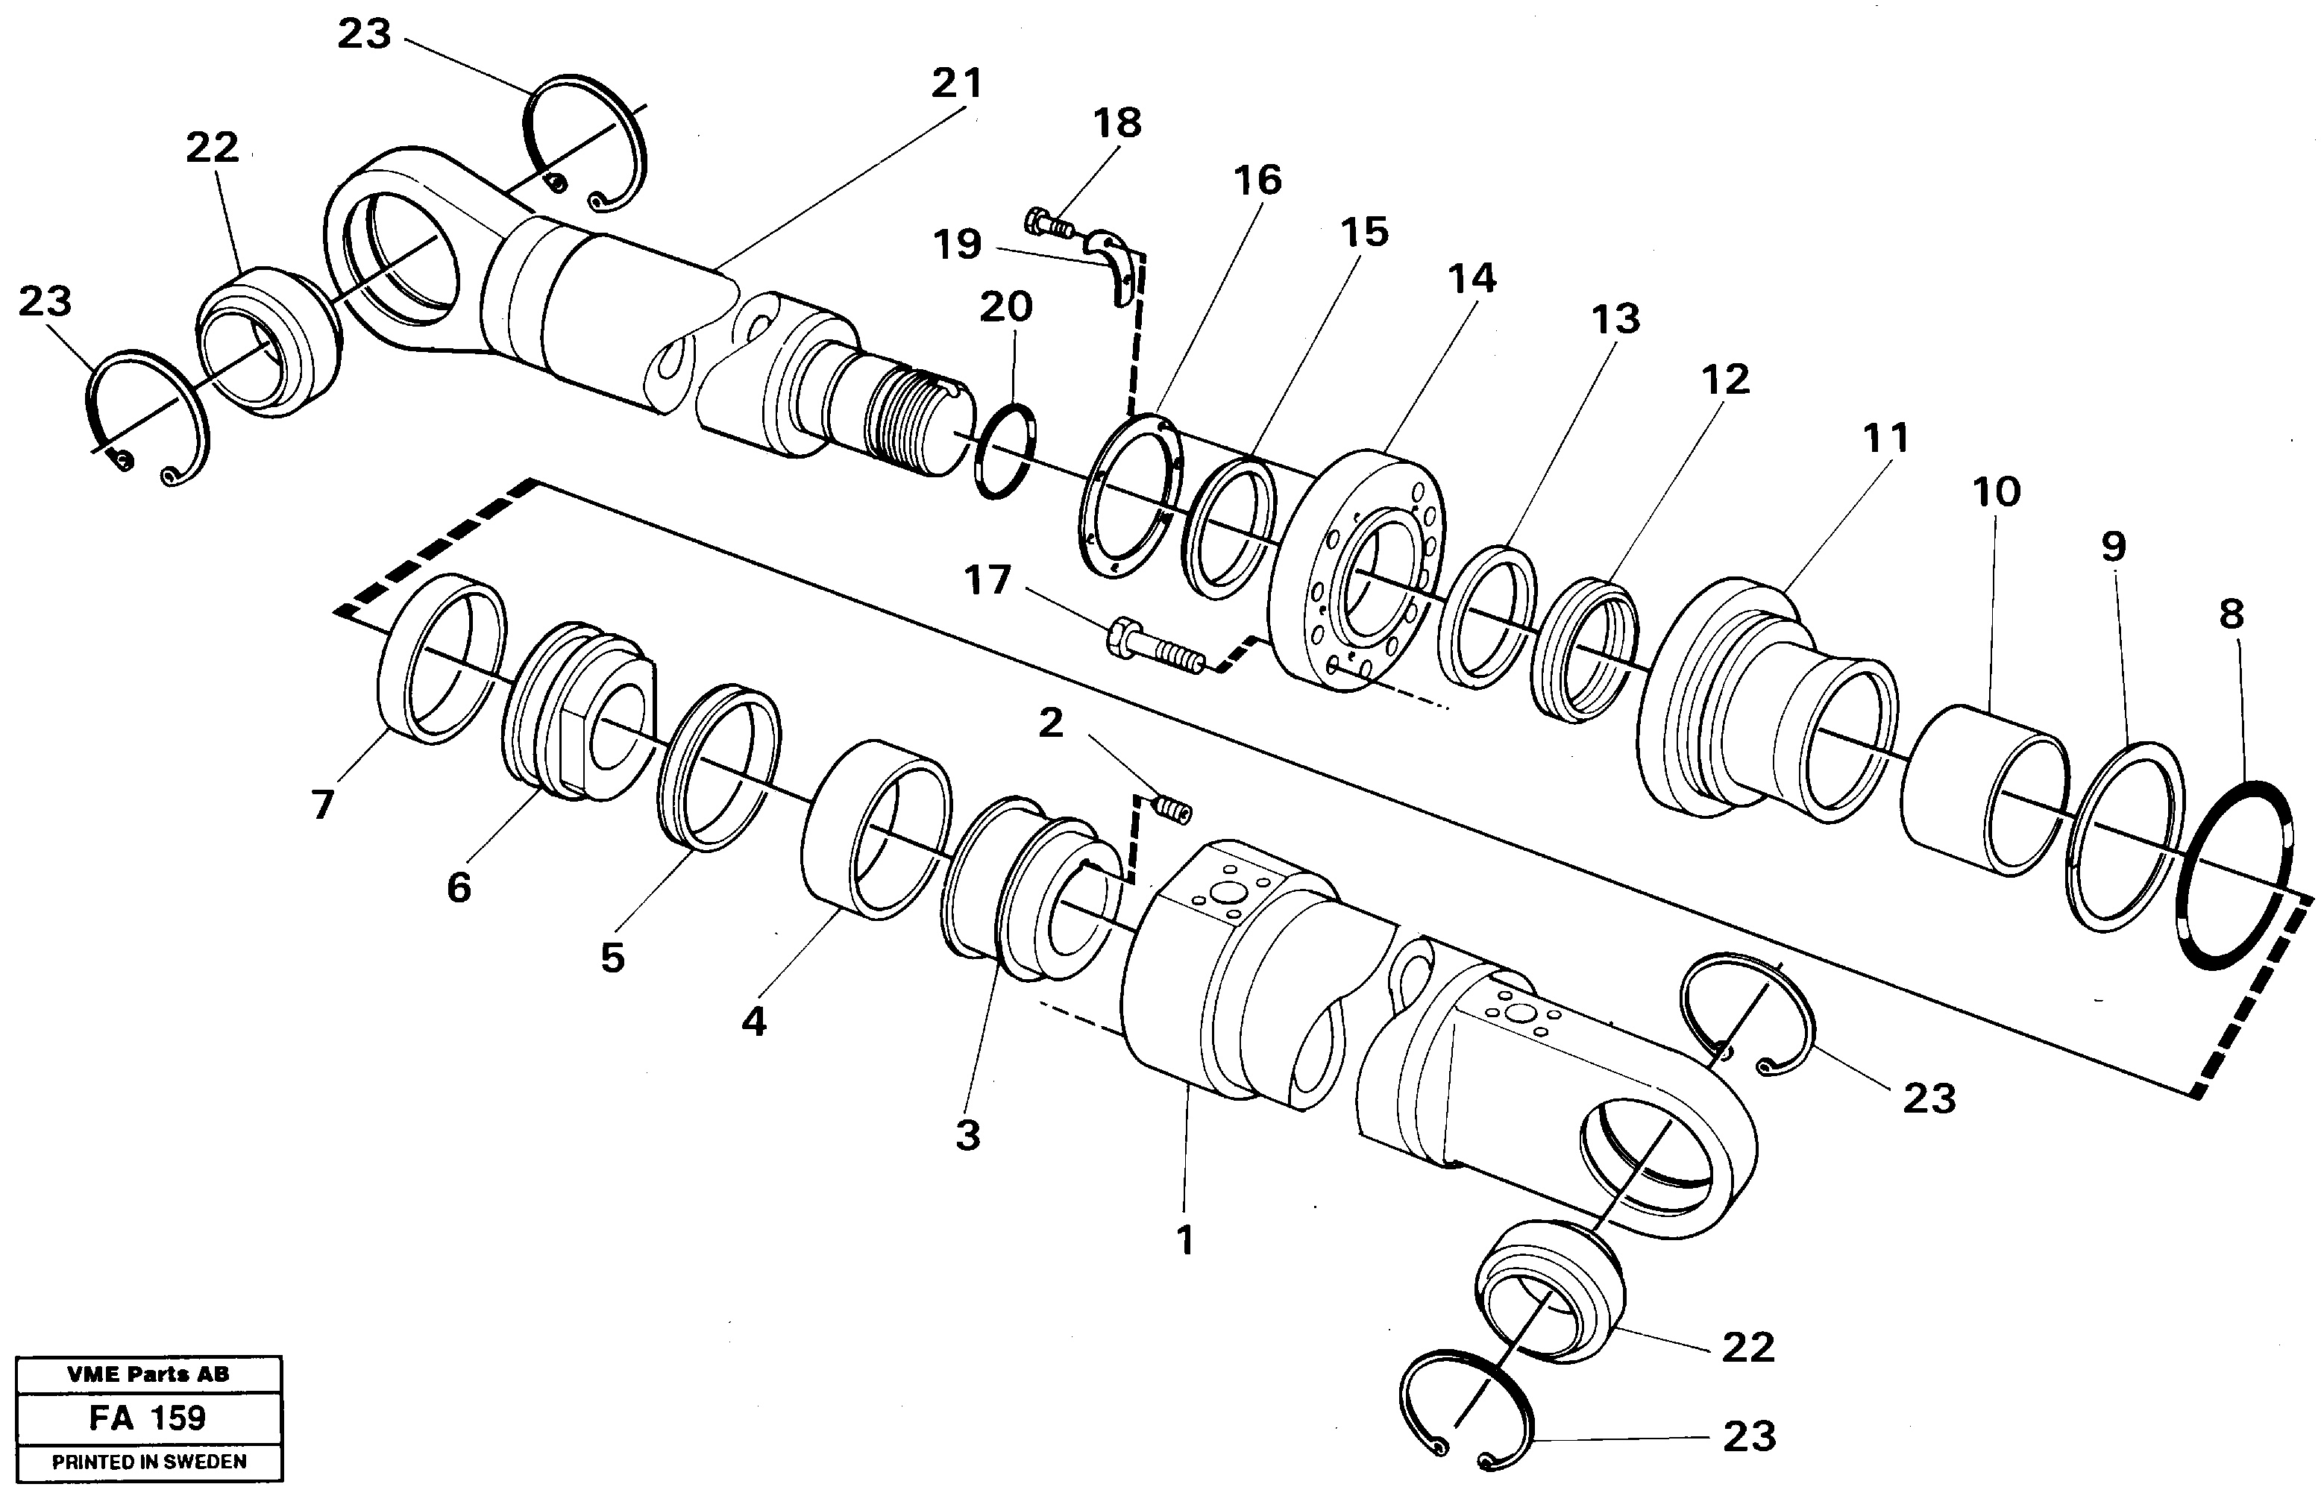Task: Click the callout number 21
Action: click(x=956, y=84)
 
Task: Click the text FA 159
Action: click(x=148, y=1418)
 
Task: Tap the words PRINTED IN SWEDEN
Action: click(x=148, y=1462)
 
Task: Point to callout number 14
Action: click(x=1472, y=279)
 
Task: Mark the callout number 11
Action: click(x=1885, y=438)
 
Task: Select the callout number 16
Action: click(x=1257, y=180)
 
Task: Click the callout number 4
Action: click(x=753, y=1021)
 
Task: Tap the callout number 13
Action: click(x=1615, y=318)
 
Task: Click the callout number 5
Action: click(x=612, y=958)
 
